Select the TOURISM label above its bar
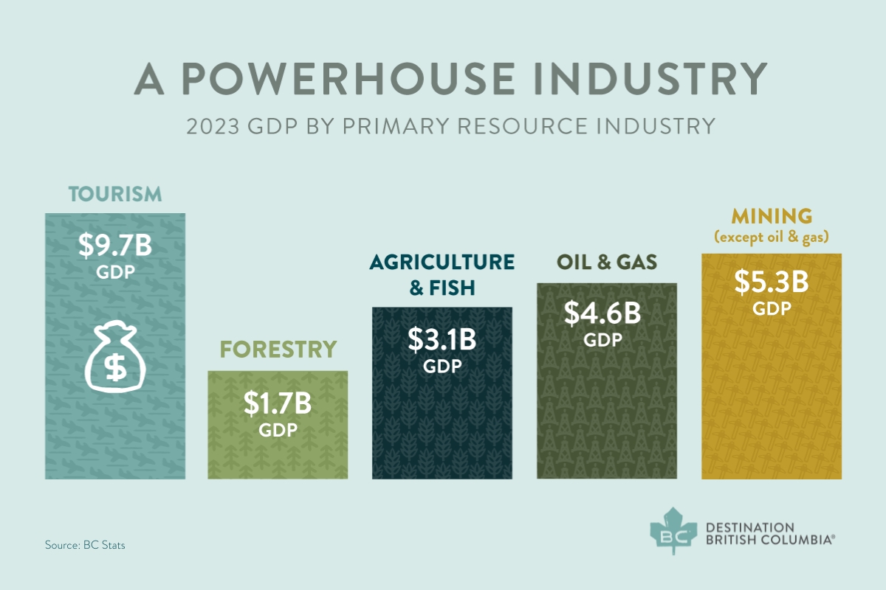(115, 195)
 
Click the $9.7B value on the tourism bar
(115, 246)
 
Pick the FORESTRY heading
(278, 349)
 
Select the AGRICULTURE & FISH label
(442, 274)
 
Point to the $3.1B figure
(442, 340)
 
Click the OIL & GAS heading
(607, 263)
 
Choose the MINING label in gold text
(772, 217)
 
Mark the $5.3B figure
(772, 282)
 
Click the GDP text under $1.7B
(278, 429)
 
